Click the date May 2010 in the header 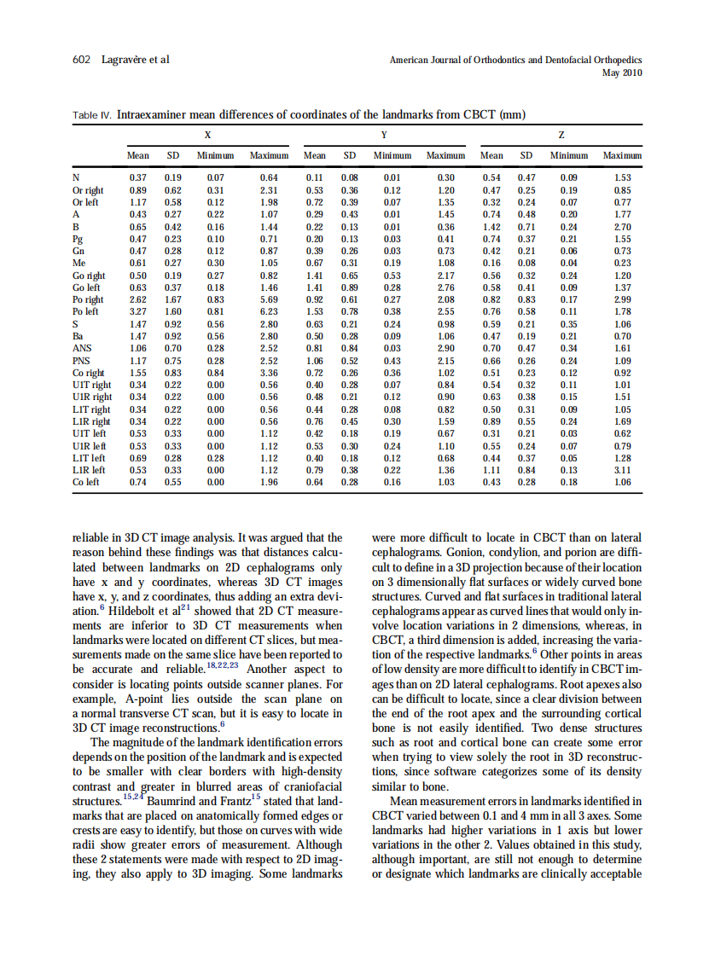622,72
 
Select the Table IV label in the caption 92,114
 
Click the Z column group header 560,136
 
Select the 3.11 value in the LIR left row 622,470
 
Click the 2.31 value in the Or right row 269,192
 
